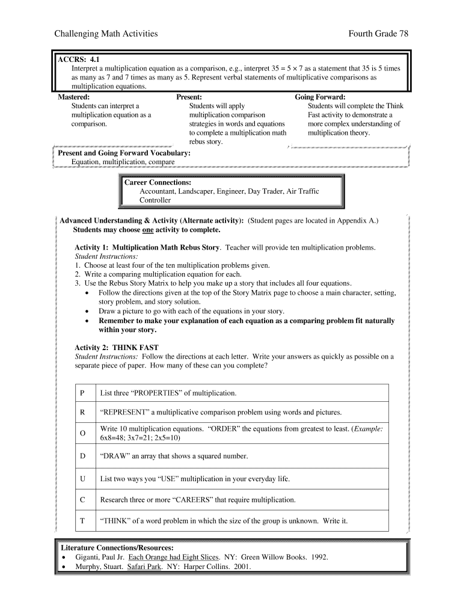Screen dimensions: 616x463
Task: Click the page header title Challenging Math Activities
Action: coord(106,34)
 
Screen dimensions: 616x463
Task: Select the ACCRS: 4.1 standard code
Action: coord(78,60)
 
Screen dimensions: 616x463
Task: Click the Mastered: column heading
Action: coord(74,97)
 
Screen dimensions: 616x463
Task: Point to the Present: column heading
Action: coord(189,97)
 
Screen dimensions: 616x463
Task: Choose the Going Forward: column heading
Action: coord(320,97)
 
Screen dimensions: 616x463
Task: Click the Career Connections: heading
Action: coord(158,182)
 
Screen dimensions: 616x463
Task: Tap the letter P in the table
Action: coord(82,393)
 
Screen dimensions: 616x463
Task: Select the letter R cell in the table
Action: coord(82,412)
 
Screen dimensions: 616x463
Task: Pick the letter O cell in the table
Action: coord(82,433)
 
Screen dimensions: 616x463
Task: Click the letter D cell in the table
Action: coord(82,456)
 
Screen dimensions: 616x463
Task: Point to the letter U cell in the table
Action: coord(82,479)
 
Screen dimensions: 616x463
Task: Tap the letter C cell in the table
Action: coord(82,499)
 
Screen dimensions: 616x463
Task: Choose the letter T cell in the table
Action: coord(82,520)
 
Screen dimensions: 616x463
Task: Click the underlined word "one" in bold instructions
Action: coord(147,230)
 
